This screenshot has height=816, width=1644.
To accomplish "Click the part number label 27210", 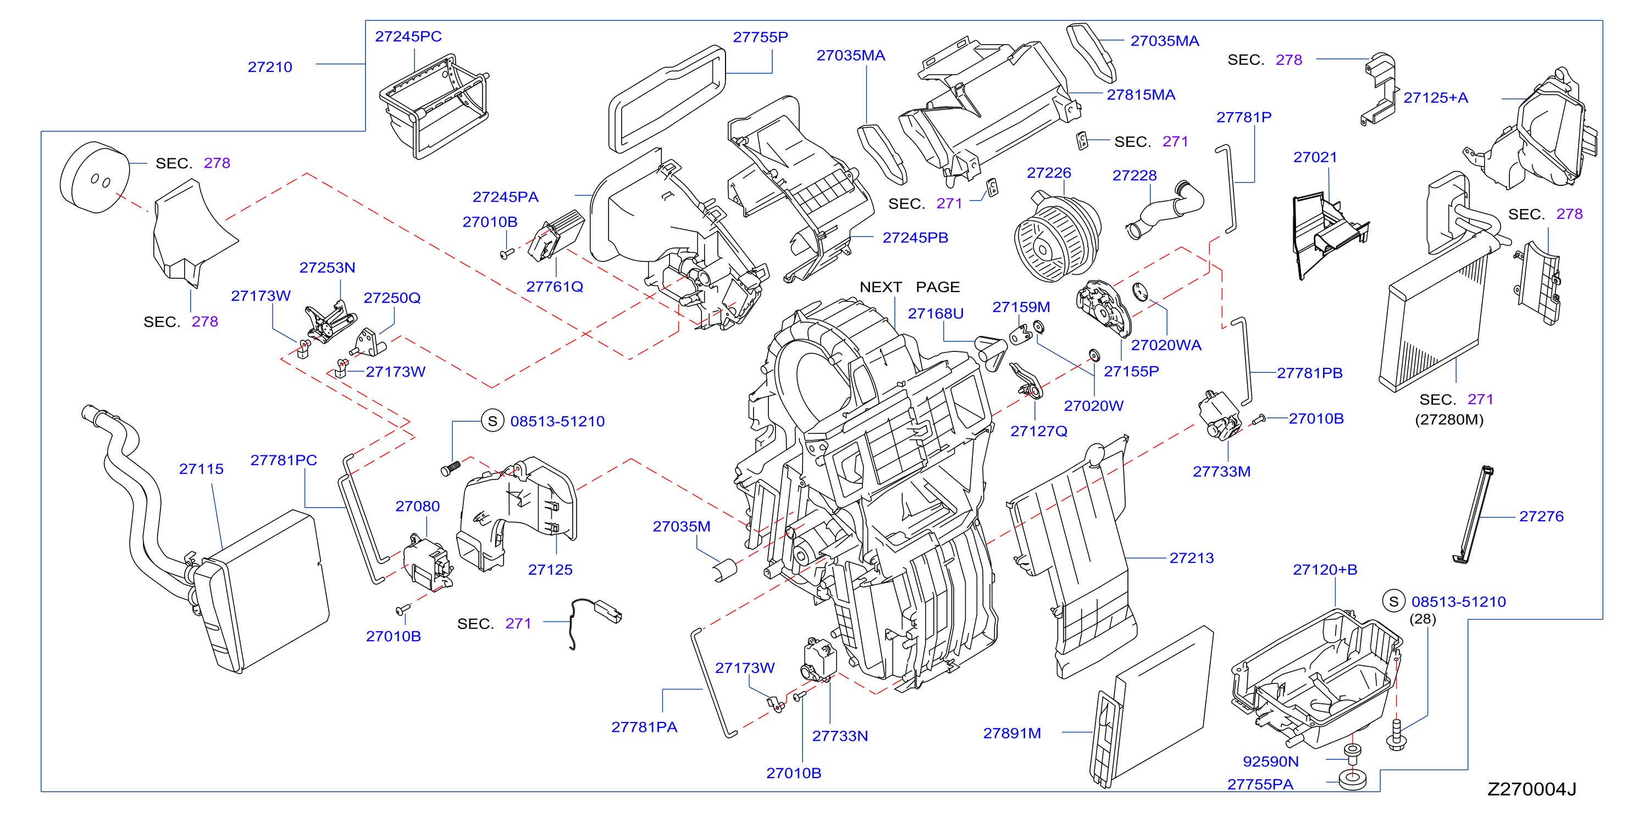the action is [269, 67].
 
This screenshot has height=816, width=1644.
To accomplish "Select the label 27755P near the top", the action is [760, 37].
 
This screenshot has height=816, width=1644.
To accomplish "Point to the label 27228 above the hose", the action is [1134, 175].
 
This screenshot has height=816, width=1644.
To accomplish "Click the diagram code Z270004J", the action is [1532, 789].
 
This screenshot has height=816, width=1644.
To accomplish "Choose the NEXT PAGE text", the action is [910, 288].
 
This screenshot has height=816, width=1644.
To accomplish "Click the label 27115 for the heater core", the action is [201, 469].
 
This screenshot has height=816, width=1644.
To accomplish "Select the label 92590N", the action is [1270, 762].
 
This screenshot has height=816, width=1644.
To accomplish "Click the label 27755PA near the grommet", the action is [1260, 785].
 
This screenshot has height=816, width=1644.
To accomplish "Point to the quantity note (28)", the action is [1422, 619].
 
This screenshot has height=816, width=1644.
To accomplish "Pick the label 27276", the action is [1541, 516].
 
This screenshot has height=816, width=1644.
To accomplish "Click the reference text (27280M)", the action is [1449, 420].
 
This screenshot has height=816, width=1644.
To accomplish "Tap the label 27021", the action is [1315, 158].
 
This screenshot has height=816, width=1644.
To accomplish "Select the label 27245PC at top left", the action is [408, 37].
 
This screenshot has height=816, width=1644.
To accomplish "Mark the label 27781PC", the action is [284, 460].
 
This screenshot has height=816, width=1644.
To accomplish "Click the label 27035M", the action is [681, 527].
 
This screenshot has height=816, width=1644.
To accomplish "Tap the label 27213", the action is [1191, 558].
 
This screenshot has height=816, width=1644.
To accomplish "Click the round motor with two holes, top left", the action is [95, 178].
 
